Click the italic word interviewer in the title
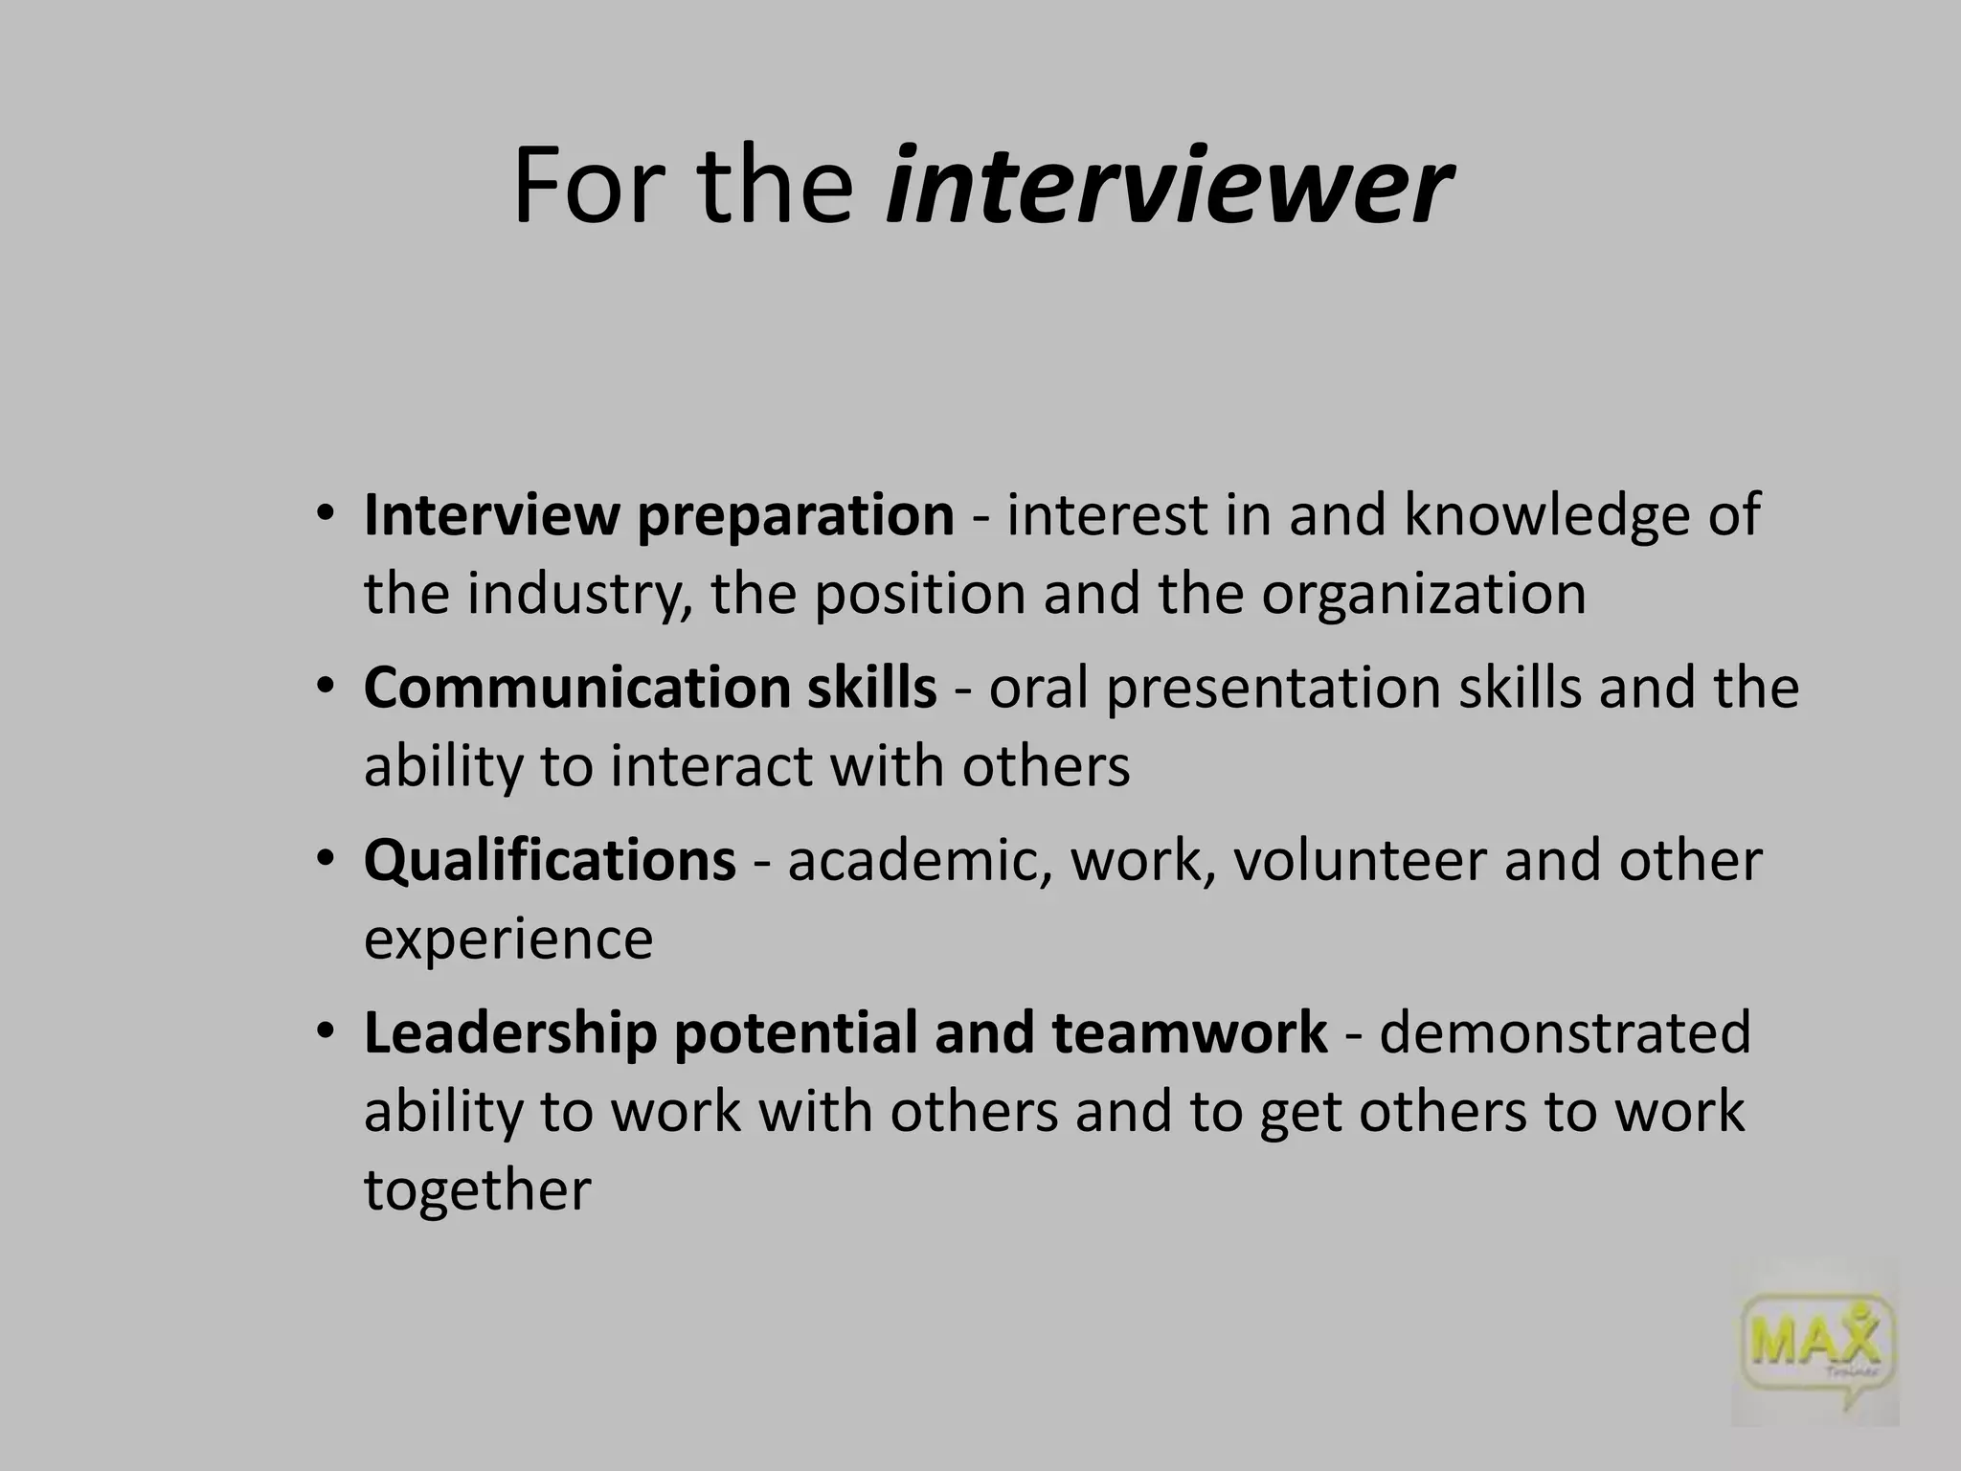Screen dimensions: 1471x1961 [1168, 186]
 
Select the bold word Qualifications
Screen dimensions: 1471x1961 [550, 860]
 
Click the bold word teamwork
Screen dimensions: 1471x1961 [1189, 1033]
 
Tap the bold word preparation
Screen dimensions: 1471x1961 [795, 515]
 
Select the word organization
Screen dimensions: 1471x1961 [1423, 594]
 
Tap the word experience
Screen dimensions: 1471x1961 [508, 939]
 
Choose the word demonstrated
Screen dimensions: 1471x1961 [1565, 1033]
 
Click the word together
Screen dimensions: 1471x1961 [477, 1190]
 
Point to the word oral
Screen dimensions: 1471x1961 [1038, 688]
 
